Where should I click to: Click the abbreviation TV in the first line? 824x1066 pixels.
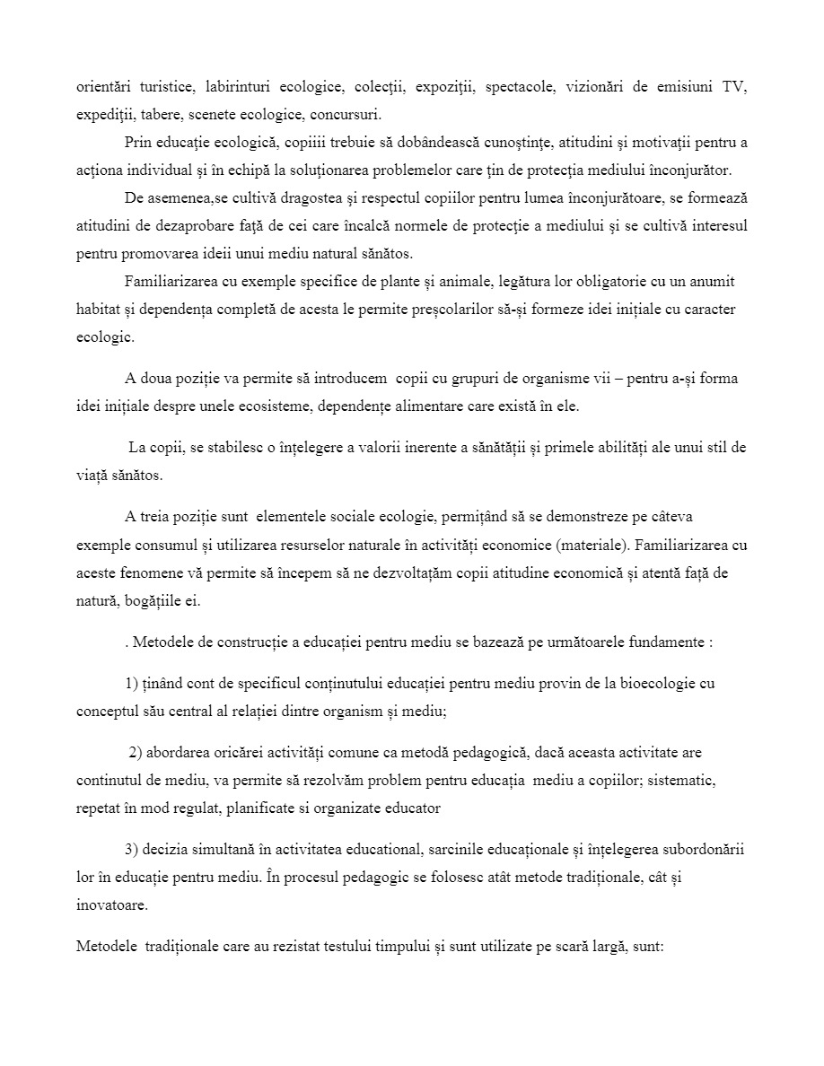click(x=735, y=87)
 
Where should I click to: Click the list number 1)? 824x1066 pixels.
click(x=132, y=684)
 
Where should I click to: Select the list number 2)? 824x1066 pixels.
click(x=136, y=754)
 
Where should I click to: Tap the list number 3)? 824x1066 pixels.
click(x=132, y=850)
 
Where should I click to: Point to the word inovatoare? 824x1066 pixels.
click(x=112, y=905)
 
